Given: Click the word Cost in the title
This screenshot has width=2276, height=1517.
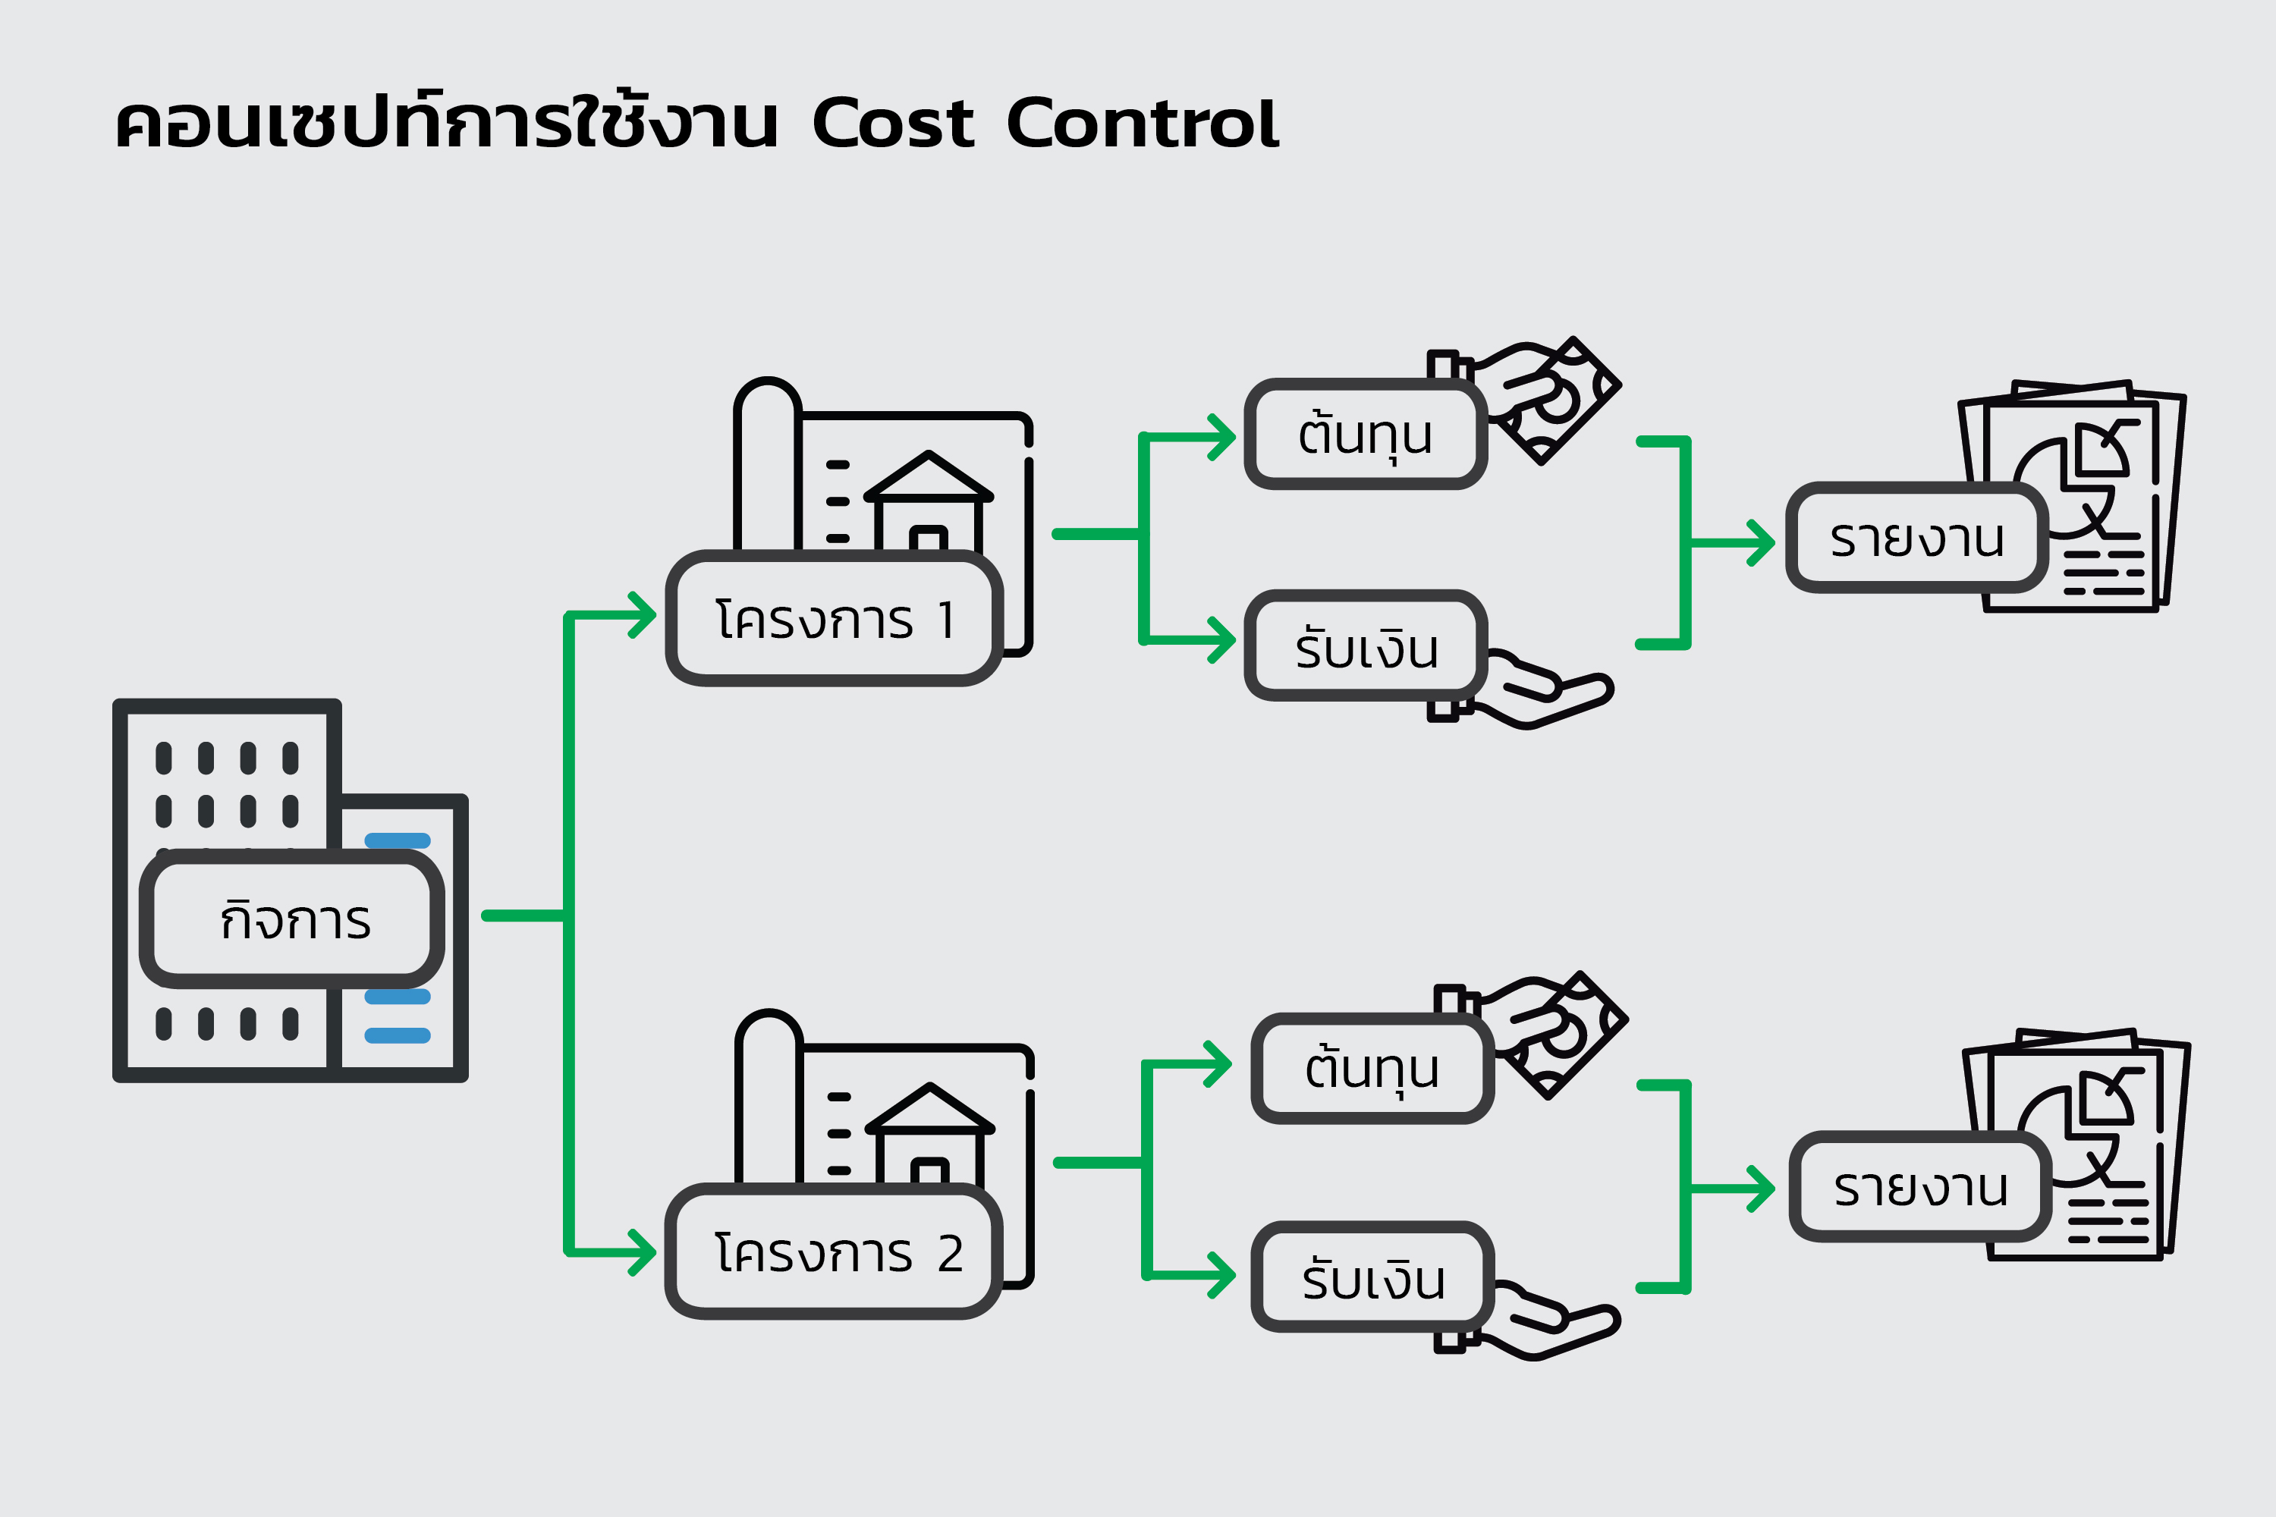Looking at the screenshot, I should point(892,124).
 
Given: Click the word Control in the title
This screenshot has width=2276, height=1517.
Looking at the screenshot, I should point(1142,124).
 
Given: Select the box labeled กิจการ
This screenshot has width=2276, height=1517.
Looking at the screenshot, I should point(292,919).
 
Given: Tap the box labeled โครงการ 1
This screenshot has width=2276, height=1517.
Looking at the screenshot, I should point(834,619).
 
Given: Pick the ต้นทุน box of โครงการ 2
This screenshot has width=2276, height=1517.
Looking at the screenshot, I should point(1372,1068).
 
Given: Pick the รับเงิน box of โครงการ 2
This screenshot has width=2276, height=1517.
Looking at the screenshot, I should point(1372,1279).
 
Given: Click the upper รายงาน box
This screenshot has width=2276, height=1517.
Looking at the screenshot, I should point(1916,538).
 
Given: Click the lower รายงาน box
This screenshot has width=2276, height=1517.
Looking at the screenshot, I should point(1920,1187).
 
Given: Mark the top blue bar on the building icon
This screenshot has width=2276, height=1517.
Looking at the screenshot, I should point(397,840).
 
